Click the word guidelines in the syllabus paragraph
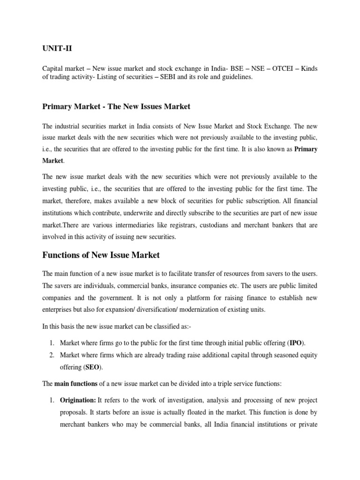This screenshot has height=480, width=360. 236,78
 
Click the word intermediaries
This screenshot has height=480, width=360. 120,225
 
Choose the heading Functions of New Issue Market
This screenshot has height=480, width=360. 101,255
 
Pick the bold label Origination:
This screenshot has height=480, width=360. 78,400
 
